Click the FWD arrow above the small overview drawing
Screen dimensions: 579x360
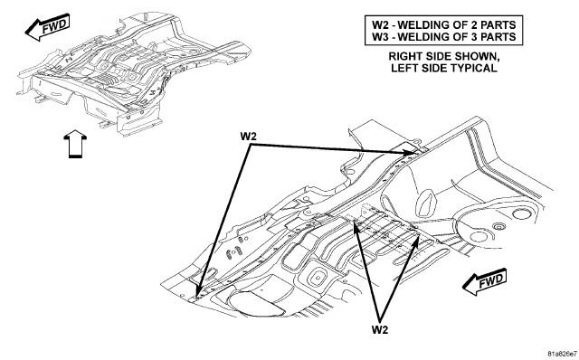(47, 27)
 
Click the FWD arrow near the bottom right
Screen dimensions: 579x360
(485, 282)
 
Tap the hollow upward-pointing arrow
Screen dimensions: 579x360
(75, 144)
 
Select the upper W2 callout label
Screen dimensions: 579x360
(248, 137)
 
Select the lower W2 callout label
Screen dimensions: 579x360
(380, 330)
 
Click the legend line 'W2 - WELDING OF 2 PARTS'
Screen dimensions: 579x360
(443, 24)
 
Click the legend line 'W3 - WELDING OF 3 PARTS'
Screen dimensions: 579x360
(443, 36)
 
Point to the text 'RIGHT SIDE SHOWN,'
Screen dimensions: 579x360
(444, 56)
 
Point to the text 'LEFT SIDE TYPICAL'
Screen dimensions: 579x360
(444, 68)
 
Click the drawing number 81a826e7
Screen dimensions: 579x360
(562, 352)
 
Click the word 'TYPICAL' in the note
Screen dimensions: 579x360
(471, 68)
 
